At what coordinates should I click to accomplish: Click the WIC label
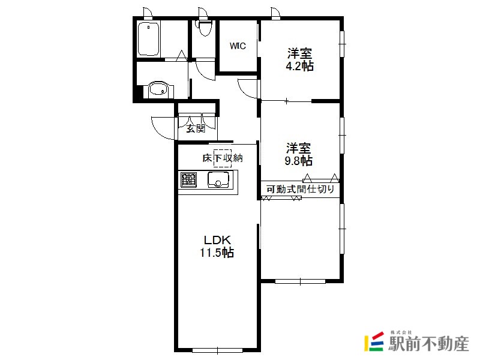(x=238, y=46)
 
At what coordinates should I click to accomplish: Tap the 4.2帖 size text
(x=299, y=66)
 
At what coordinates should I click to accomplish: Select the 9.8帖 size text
(x=299, y=161)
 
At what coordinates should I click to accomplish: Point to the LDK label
(x=217, y=239)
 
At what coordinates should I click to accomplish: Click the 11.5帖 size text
(x=217, y=253)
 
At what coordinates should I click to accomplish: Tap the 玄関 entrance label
(x=196, y=128)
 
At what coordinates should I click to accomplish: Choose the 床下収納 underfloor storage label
(x=223, y=158)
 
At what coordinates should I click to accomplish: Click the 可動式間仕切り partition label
(x=301, y=189)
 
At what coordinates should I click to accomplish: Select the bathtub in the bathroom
(x=148, y=39)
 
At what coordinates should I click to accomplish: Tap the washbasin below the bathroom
(x=158, y=89)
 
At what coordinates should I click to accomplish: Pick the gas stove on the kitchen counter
(x=188, y=179)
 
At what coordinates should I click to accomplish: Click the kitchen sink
(x=218, y=179)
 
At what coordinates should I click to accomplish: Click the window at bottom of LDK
(x=217, y=350)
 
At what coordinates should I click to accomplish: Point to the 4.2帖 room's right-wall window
(x=342, y=44)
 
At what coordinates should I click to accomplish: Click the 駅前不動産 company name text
(x=428, y=343)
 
